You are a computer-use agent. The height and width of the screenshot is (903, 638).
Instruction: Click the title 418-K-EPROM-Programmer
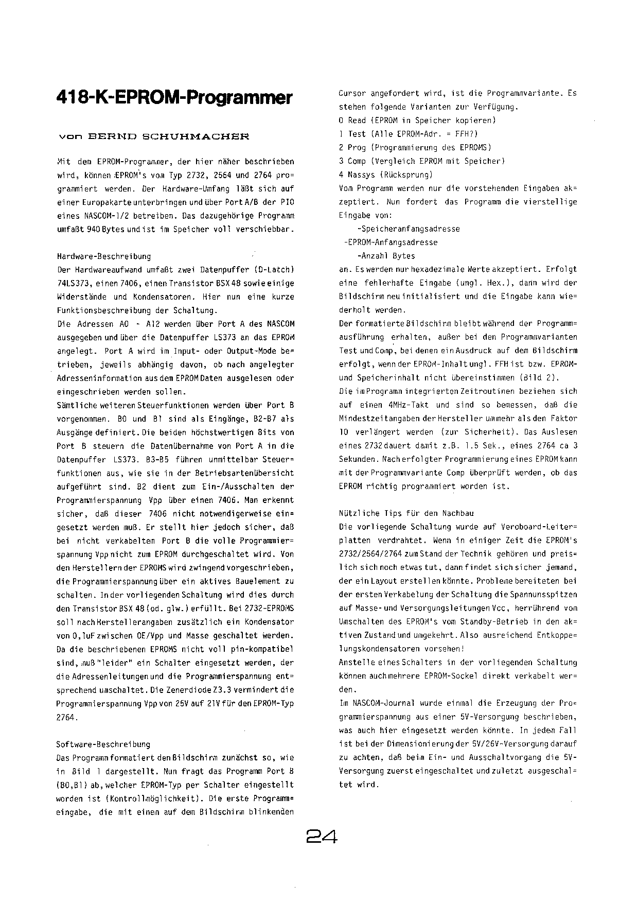pyautogui.click(x=174, y=97)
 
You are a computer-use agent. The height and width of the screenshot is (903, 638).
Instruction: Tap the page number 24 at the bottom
pyautogui.click(x=322, y=837)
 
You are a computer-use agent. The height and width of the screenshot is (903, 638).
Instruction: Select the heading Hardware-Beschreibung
pyautogui.click(x=104, y=256)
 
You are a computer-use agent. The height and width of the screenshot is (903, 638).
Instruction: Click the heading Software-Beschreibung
pyautogui.click(x=103, y=744)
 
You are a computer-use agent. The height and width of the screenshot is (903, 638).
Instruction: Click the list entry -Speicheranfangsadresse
pyautogui.click(x=409, y=229)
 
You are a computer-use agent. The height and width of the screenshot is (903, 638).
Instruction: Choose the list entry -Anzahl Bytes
pyautogui.click(x=386, y=256)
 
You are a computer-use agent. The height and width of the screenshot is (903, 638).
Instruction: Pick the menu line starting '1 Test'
pyautogui.click(x=414, y=134)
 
